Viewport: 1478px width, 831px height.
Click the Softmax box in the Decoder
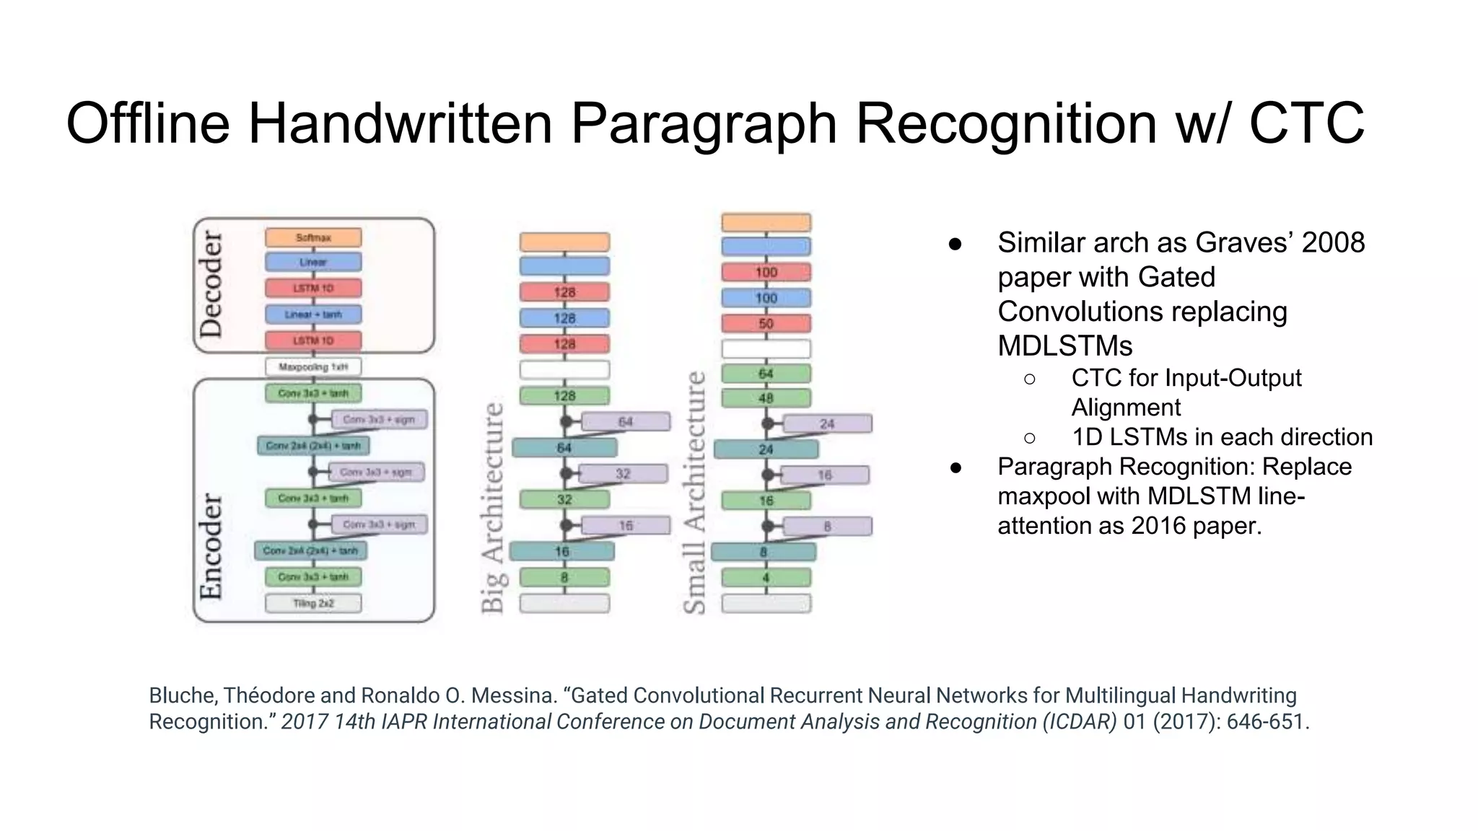tap(313, 237)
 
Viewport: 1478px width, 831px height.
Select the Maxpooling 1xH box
tap(313, 367)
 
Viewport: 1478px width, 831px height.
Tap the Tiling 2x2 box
tap(313, 603)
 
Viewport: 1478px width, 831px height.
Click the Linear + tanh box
tap(313, 315)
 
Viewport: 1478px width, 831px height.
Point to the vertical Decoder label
tap(211, 284)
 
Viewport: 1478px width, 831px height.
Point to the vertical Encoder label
tap(211, 546)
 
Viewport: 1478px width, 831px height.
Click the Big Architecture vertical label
tap(492, 507)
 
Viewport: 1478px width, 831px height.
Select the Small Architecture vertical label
tap(694, 492)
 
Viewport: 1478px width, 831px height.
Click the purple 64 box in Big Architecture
tap(626, 421)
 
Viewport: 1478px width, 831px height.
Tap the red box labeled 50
tap(766, 323)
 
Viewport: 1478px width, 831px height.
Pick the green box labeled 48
tap(766, 397)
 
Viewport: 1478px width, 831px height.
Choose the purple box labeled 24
tap(827, 423)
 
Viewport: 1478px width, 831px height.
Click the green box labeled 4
tap(766, 577)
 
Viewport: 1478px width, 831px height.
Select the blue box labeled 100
tap(766, 298)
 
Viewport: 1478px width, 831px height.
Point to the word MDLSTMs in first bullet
tap(1064, 346)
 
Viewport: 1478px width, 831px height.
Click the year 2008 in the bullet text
tap(1332, 242)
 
